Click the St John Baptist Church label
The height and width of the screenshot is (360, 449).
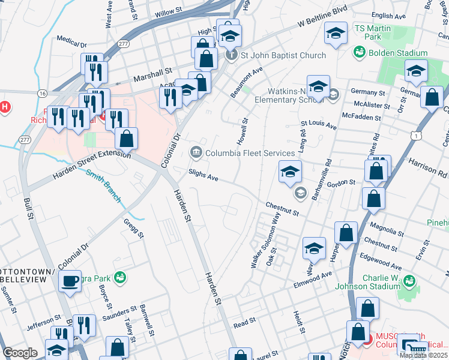point(283,55)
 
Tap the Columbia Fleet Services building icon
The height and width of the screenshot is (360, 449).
point(196,153)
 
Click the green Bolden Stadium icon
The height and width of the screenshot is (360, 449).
point(360,53)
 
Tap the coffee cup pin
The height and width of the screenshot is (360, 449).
point(70,280)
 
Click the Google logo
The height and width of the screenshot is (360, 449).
point(20,352)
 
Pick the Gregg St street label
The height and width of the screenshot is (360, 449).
point(134,228)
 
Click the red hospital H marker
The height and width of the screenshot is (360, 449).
point(5,108)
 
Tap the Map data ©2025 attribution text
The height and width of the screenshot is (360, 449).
point(423,355)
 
